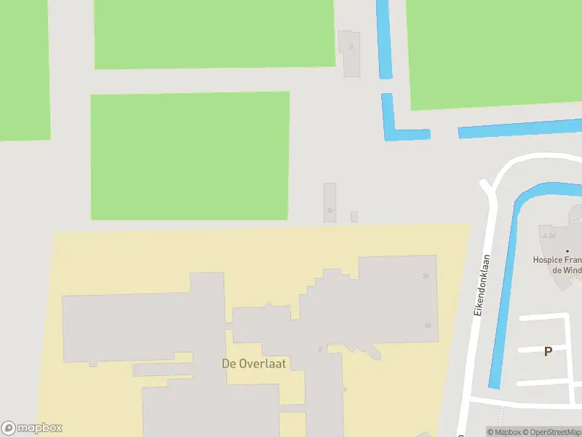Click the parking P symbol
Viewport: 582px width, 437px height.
pos(548,351)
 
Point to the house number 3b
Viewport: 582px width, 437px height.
pos(425,275)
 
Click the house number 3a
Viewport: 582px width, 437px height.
pos(428,326)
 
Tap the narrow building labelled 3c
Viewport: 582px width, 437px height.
pos(330,200)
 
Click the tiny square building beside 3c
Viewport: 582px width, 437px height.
pos(354,216)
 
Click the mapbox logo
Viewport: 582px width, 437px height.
pos(32,428)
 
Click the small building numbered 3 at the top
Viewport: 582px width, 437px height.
pos(351,52)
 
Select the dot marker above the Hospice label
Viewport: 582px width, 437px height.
pos(567,251)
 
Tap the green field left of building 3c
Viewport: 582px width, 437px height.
pos(189,155)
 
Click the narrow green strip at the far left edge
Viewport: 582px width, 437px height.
pos(24,69)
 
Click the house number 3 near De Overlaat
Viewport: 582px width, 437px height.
pos(320,350)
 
